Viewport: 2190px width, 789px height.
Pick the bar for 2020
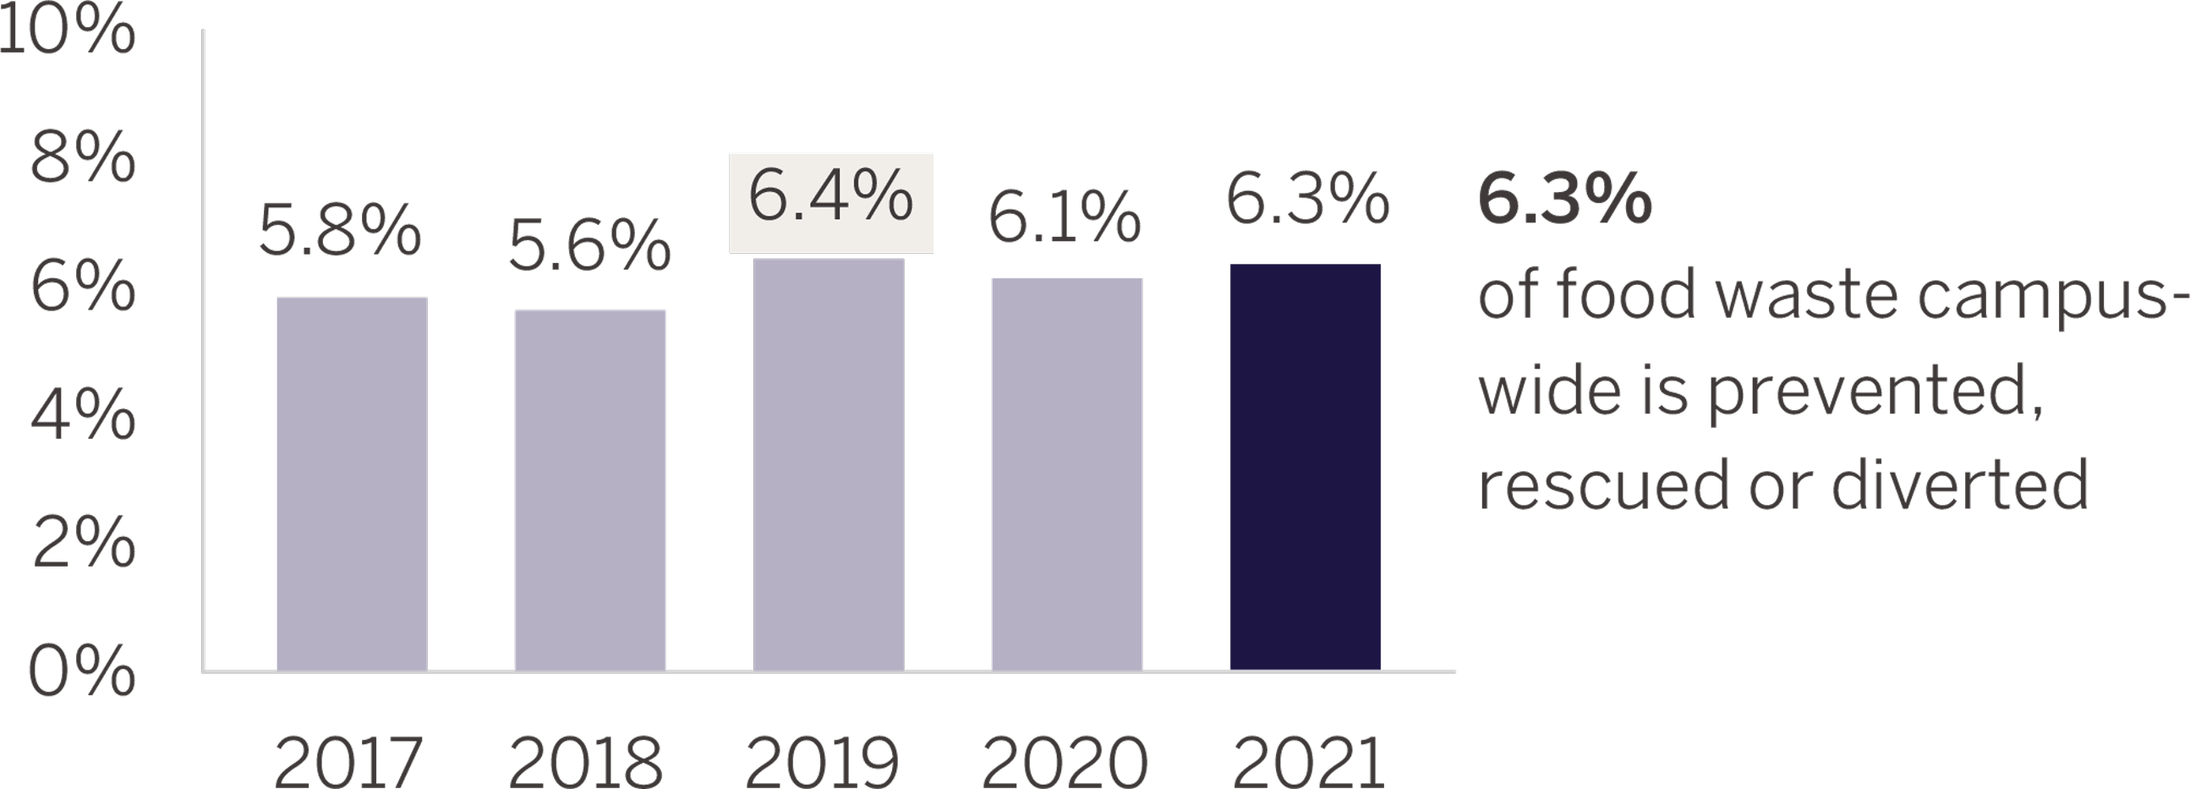(1067, 474)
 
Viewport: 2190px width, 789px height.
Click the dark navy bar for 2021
(1305, 467)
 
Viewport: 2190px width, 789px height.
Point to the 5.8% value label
(340, 230)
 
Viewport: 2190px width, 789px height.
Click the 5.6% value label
(590, 247)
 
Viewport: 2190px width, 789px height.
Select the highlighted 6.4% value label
(830, 197)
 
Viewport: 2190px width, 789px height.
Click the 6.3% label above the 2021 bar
(1307, 200)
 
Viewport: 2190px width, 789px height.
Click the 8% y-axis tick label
(83, 157)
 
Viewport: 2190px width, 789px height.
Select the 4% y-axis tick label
(83, 417)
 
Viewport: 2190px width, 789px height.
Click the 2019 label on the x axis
(822, 764)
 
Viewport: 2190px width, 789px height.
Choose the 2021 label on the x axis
(1308, 764)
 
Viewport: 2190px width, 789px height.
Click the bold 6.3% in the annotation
(1565, 200)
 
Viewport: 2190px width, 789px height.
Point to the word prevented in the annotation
(1875, 392)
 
